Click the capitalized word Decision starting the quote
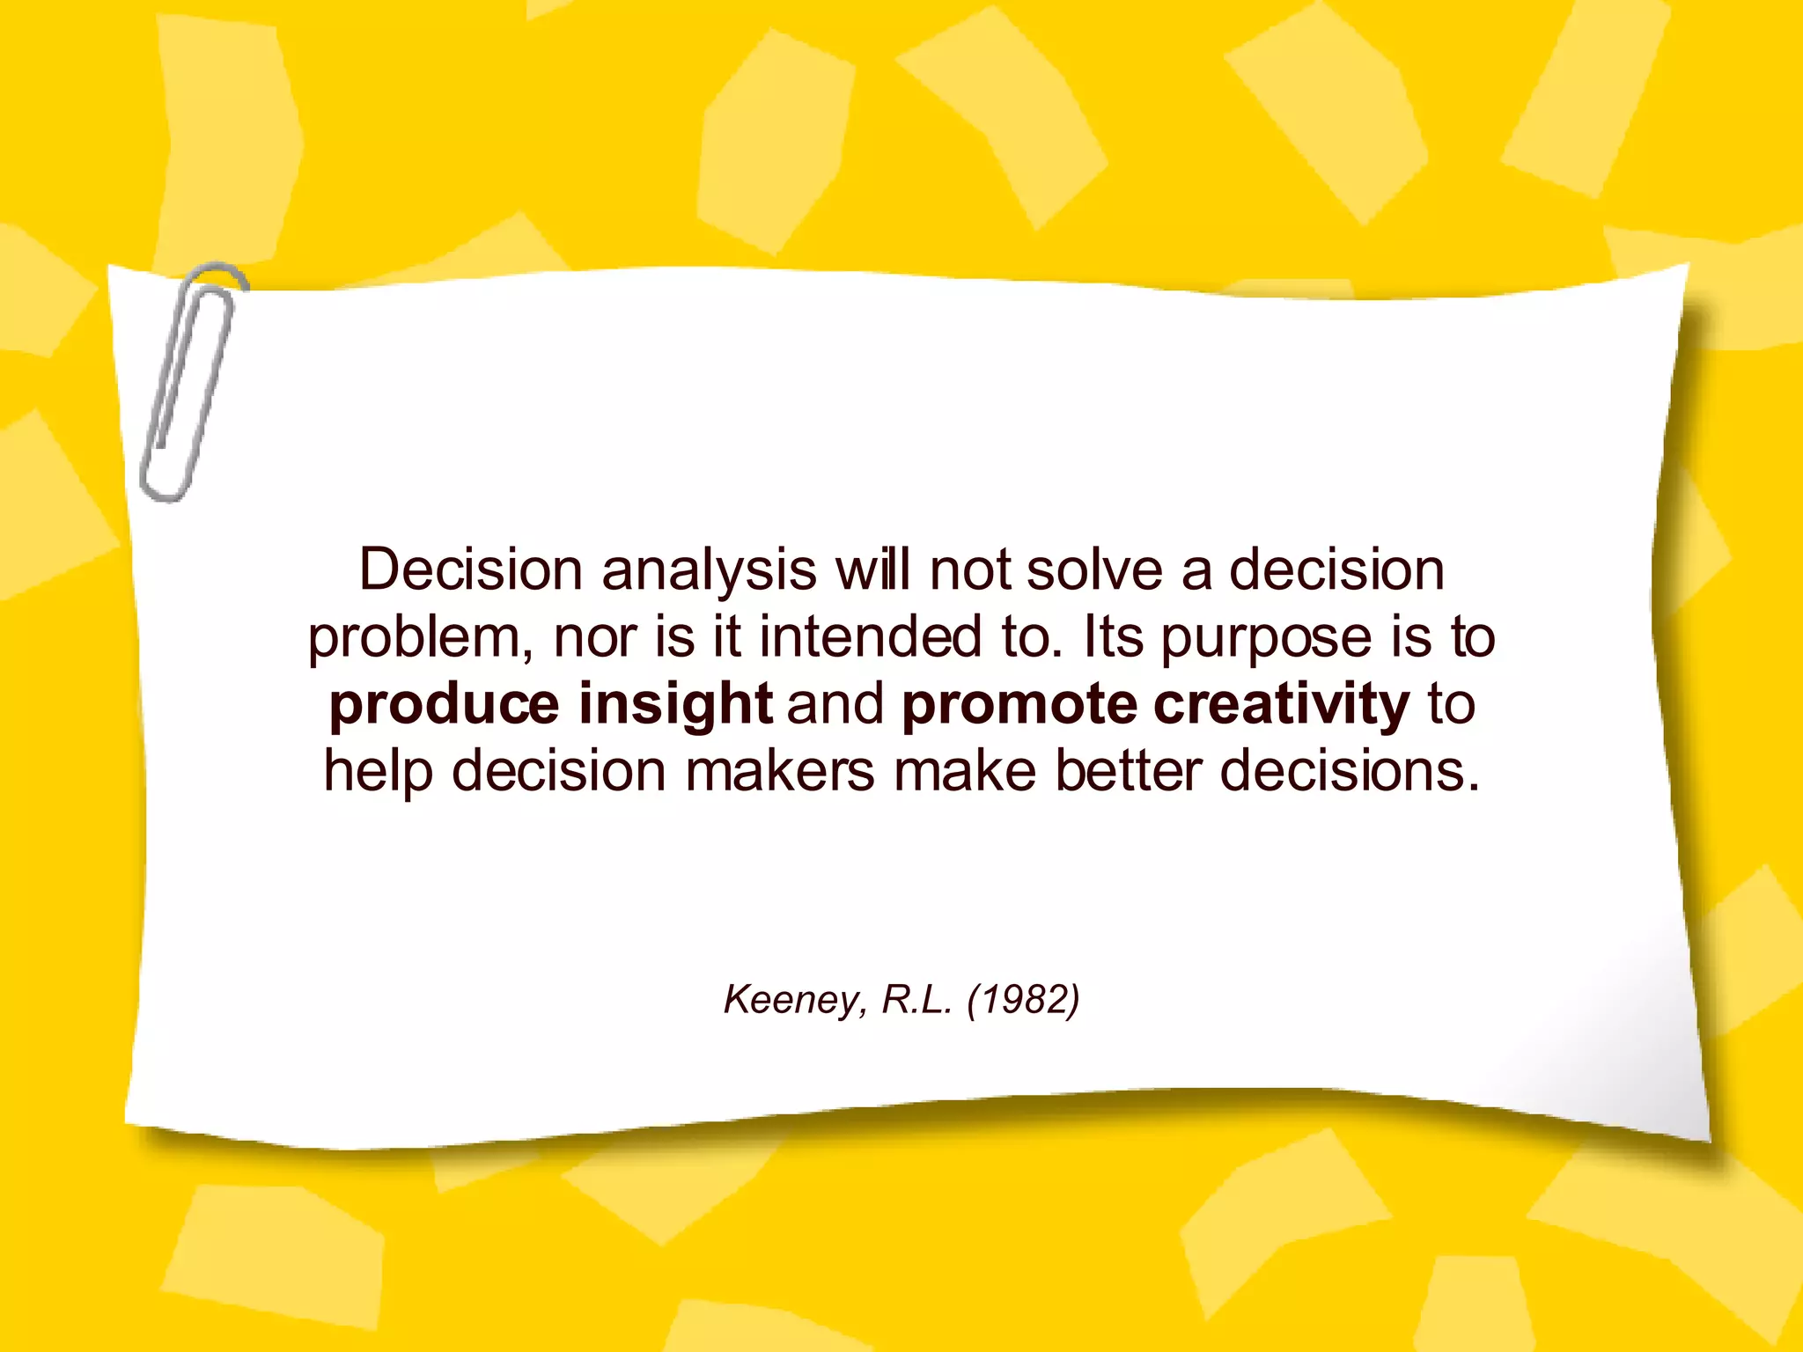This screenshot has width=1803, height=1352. point(471,570)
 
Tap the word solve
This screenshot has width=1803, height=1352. point(1094,570)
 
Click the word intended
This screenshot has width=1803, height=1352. point(870,637)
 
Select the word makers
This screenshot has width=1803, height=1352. point(780,771)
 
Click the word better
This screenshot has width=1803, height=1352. point(1128,771)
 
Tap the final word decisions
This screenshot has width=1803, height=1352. point(1350,771)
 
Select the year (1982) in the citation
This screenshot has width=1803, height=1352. point(1023,1000)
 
